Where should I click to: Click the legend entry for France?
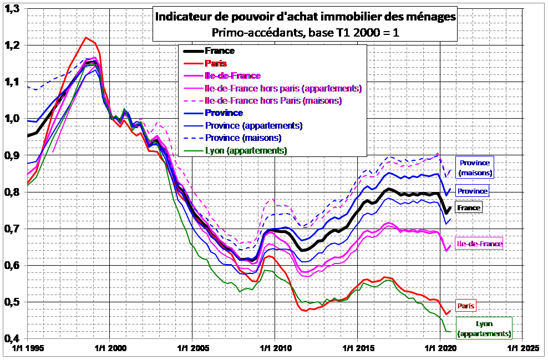coord(220,51)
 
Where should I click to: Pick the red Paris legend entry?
coord(216,64)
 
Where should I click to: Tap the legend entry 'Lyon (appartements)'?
coord(246,150)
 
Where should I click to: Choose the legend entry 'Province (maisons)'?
coord(243,138)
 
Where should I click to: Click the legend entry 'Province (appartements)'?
coord(253,125)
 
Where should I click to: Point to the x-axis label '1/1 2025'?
coord(523,349)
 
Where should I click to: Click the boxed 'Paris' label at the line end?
coord(466,306)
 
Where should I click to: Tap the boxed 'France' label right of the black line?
coord(468,207)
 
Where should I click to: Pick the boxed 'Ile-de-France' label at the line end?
coord(479,244)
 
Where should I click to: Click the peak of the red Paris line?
coord(86,38)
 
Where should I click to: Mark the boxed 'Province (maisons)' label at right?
coord(475,168)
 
